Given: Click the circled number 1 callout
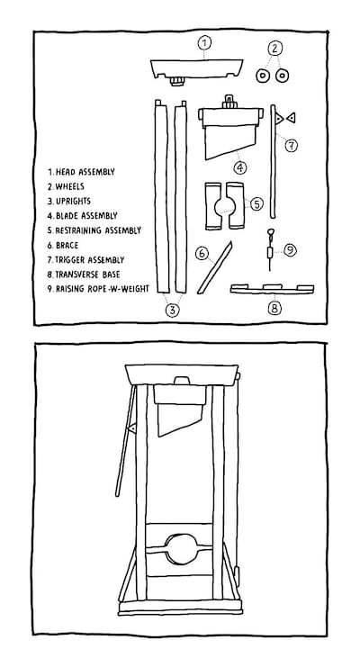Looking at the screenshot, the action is click(204, 42).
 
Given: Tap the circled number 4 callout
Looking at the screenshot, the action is click(240, 167).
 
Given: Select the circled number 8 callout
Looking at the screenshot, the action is click(274, 308).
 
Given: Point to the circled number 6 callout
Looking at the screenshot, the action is click(202, 254).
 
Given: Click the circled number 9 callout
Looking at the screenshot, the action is click(290, 250).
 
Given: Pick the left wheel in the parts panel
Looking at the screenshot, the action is click(263, 77).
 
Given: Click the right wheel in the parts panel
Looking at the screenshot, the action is click(282, 76).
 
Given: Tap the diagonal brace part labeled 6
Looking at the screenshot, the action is click(215, 267).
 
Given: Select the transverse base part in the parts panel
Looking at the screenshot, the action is click(273, 289).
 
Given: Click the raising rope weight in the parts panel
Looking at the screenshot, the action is click(269, 253).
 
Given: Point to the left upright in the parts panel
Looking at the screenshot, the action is click(161, 196).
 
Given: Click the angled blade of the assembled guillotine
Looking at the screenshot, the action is click(180, 420).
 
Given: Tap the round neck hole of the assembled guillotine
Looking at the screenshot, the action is click(180, 549).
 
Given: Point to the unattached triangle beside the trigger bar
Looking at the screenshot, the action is click(291, 117).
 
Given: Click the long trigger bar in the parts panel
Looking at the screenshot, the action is click(273, 161).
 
